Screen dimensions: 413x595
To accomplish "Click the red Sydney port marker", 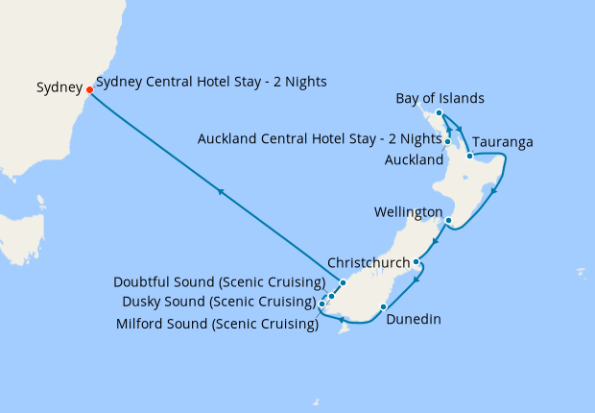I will click(x=89, y=90).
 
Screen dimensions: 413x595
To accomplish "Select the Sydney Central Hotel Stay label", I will click(x=211, y=82).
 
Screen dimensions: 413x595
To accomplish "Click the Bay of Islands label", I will click(x=440, y=99).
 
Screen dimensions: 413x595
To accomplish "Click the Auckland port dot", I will click(x=448, y=142).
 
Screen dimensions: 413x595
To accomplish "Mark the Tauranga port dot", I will click(x=469, y=155).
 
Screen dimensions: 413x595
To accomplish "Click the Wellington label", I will click(x=410, y=211).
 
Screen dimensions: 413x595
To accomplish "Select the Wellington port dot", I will click(x=448, y=220).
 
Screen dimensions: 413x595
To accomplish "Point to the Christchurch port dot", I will click(x=416, y=261).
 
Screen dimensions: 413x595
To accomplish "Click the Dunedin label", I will click(x=414, y=320).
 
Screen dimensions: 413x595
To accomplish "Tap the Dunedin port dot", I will click(x=383, y=307).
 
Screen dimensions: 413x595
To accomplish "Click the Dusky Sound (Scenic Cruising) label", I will click(x=218, y=302).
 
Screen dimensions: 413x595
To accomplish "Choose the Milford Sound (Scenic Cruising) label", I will click(x=216, y=325).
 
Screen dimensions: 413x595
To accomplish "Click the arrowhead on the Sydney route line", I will click(x=221, y=192).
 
